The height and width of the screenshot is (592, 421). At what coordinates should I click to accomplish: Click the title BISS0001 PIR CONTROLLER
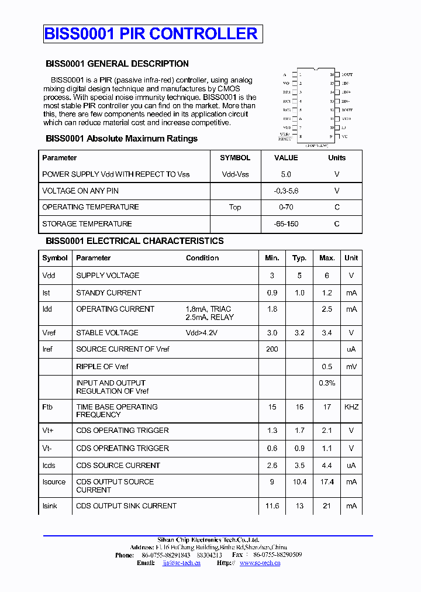click(x=151, y=34)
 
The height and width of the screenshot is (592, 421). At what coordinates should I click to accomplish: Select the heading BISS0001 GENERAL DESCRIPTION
click(x=117, y=64)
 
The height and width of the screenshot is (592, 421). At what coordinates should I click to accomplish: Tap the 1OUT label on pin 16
click(x=347, y=75)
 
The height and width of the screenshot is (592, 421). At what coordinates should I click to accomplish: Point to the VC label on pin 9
click(x=344, y=136)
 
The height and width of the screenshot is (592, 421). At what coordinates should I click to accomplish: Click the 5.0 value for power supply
click(x=286, y=174)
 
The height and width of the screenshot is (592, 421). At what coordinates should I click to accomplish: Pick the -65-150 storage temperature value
click(x=285, y=224)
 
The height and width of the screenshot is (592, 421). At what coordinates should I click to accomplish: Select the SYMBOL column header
click(x=235, y=158)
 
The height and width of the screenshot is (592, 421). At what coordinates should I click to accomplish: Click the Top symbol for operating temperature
click(x=235, y=207)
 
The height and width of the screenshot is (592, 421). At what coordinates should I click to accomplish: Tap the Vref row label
click(x=49, y=333)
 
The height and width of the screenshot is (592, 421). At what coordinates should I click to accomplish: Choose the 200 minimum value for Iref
click(x=272, y=349)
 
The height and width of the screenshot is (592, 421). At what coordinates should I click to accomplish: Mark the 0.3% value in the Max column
click(x=327, y=383)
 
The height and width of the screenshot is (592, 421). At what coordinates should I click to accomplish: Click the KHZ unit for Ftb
click(x=351, y=407)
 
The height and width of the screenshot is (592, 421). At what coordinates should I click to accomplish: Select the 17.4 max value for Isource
click(x=327, y=482)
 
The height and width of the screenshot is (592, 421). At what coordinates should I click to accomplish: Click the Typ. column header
click(x=299, y=258)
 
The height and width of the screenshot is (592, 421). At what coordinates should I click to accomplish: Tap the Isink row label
click(x=50, y=506)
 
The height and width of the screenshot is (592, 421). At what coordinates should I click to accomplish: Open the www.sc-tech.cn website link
click(x=260, y=563)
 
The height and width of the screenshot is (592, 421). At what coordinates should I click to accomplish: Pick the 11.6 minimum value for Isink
click(x=272, y=506)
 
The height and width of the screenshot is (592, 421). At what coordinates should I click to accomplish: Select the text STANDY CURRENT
click(x=109, y=293)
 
